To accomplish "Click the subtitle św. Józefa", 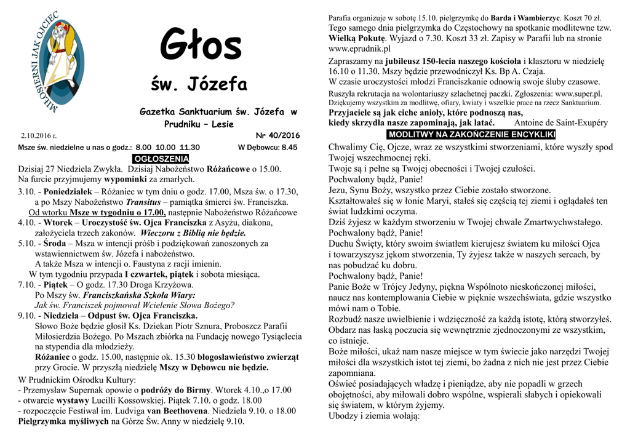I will pyautogui.click(x=199, y=84).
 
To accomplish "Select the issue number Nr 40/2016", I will pyautogui.click(x=277, y=135).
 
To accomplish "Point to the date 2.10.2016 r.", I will pyautogui.click(x=39, y=135).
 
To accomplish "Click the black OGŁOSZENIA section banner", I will pyautogui.click(x=161, y=159).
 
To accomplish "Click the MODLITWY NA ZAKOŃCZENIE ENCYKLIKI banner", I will pyautogui.click(x=471, y=135).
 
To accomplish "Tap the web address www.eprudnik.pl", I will pyautogui.click(x=360, y=49).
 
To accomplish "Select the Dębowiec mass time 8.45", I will pyautogui.click(x=289, y=148).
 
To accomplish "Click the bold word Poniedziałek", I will pyautogui.click(x=67, y=191).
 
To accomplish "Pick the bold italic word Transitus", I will pyautogui.click(x=147, y=202).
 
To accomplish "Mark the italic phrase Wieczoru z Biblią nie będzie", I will pyautogui.click(x=193, y=233).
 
